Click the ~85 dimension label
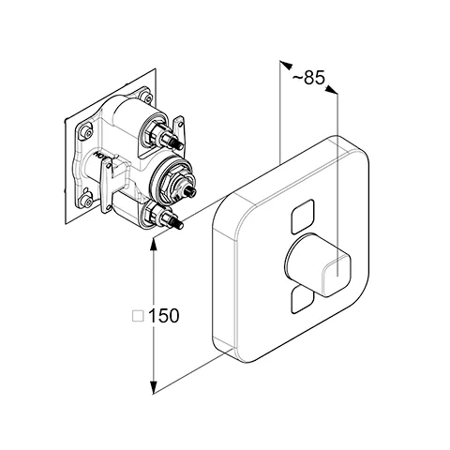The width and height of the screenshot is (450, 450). click(x=308, y=77)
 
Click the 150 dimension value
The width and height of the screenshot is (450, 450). click(x=163, y=316)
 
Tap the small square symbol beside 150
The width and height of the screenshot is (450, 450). click(x=138, y=316)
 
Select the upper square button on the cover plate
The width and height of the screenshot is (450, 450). click(x=302, y=217)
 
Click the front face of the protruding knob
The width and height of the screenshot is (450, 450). click(x=337, y=276)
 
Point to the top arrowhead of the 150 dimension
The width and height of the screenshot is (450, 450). click(x=153, y=245)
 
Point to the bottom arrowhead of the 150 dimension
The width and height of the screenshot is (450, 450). click(x=153, y=387)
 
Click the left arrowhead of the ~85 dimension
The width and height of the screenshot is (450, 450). click(x=285, y=65)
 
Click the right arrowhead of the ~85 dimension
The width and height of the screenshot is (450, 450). click(x=331, y=89)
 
